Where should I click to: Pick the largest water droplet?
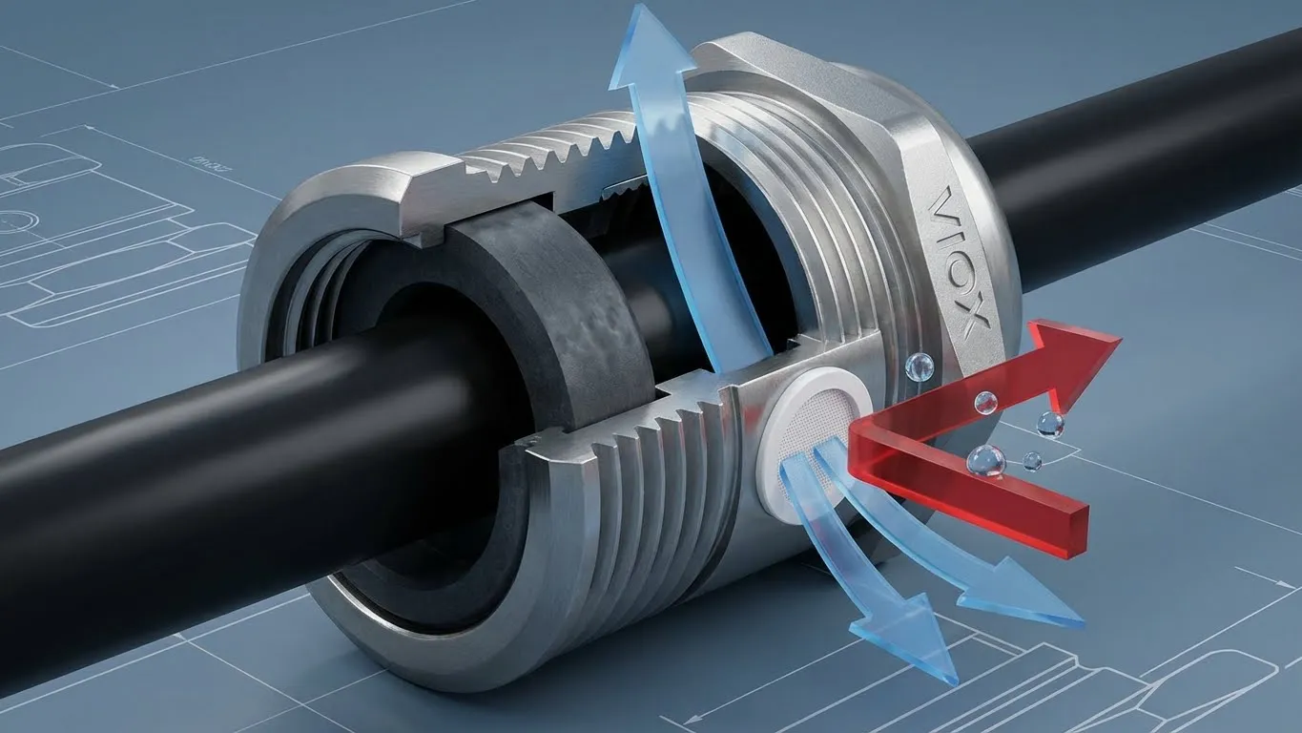coord(985,461)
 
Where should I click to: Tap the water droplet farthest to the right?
coord(1050,424)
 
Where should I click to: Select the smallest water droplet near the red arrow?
coord(1033,461)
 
